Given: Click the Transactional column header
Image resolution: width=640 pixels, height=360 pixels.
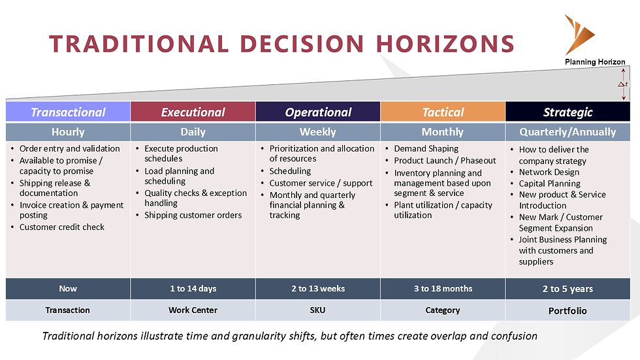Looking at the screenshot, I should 68,112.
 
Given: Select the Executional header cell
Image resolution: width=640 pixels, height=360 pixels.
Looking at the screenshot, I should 193,112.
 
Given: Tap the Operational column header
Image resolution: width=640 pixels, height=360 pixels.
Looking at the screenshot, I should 318,112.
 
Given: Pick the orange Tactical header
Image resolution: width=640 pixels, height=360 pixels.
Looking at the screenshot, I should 443,112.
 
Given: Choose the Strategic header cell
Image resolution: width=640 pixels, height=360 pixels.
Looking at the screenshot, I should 568,112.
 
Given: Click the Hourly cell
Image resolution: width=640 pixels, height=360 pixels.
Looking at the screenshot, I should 68,132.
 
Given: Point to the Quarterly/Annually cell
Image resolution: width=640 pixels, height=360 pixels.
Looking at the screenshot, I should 568,132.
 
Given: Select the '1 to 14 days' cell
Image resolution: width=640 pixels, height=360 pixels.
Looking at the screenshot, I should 193,289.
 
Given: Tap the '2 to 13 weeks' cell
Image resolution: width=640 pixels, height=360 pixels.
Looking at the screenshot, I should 318,289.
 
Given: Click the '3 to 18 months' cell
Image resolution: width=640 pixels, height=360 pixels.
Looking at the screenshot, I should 443,289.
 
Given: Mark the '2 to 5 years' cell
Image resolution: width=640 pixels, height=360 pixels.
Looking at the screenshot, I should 568,289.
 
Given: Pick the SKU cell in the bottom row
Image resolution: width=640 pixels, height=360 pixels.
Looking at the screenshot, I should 318,310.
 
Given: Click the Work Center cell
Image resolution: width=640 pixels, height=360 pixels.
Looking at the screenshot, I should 193,310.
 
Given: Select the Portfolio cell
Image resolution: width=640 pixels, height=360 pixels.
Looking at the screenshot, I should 568,310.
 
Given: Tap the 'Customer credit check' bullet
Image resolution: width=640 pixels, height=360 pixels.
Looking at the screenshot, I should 61,227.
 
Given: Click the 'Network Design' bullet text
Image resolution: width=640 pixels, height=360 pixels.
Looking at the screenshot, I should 549,172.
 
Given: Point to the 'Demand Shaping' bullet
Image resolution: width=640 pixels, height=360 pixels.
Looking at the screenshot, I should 426,149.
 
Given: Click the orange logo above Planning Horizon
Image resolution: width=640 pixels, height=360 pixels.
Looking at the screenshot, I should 579,35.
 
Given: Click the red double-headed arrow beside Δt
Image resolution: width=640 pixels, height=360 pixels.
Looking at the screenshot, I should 624,84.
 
